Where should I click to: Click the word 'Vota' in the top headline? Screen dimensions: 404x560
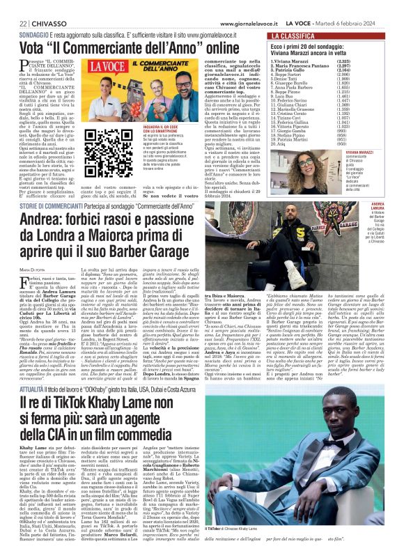point(33,47)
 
